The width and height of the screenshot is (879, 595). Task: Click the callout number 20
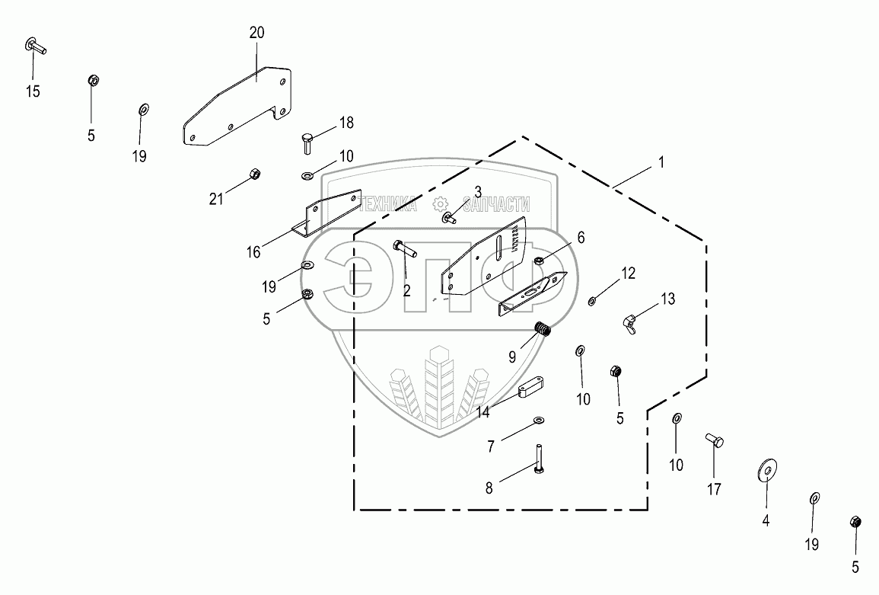256,33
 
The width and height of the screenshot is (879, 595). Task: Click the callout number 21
216,200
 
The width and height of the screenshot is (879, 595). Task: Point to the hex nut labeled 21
256,174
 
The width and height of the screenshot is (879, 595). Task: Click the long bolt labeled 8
539,459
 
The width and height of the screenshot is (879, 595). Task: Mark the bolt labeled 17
714,440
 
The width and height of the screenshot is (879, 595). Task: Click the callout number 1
661,162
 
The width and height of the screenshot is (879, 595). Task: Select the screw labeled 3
449,219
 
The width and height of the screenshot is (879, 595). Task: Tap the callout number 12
628,273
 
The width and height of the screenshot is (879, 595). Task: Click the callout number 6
581,238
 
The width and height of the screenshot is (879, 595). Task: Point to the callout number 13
667,299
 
